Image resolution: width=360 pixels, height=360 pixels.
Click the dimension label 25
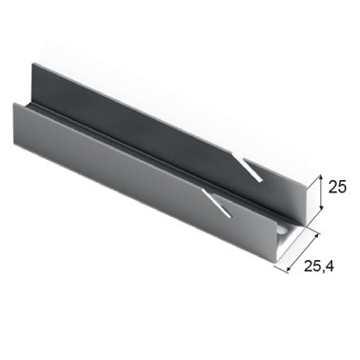337,187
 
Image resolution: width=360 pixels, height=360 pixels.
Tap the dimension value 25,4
319,266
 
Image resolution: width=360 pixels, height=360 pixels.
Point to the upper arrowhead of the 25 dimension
321,176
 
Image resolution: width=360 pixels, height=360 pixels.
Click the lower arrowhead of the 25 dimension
322,207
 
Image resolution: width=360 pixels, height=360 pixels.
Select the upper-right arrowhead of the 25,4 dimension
316,236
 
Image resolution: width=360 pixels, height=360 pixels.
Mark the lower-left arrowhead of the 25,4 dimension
289,270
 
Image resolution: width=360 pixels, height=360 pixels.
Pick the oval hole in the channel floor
283,230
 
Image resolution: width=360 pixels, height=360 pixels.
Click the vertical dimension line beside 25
321,191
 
